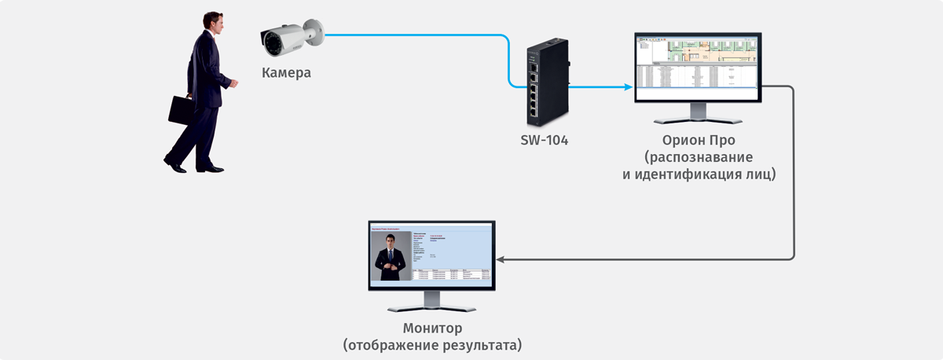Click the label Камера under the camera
(x=286, y=73)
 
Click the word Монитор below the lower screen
(x=432, y=328)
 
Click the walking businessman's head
(x=212, y=23)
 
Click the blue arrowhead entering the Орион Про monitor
(x=629, y=86)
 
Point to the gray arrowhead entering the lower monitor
(x=501, y=259)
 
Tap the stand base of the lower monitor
(x=432, y=309)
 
